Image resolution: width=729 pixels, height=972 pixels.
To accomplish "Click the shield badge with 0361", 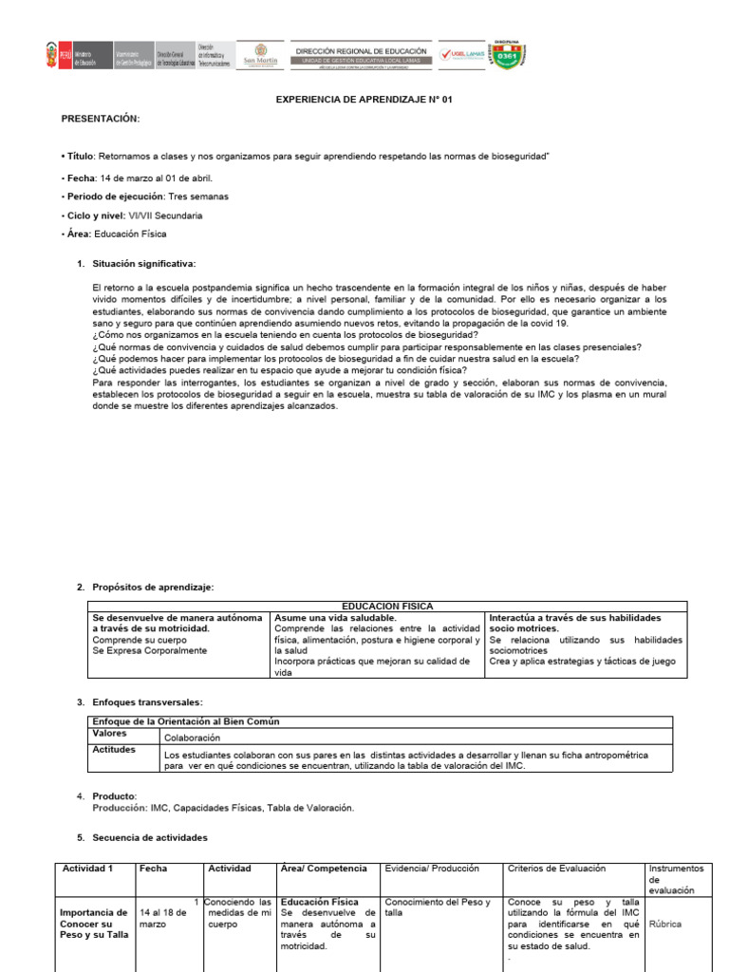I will click(507, 55).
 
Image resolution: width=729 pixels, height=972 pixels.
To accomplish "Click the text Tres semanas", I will click(197, 196).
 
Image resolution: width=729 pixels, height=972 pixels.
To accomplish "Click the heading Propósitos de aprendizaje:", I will click(153, 588).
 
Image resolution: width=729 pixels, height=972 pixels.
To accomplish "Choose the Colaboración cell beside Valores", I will click(192, 737).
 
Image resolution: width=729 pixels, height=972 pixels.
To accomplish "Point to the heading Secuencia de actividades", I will click(149, 838).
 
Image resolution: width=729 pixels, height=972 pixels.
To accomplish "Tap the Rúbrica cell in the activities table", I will click(665, 923).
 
